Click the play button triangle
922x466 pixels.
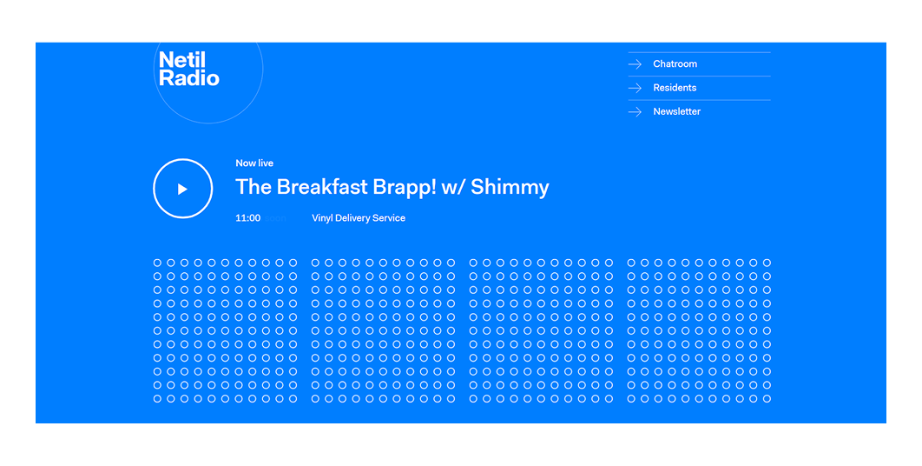click(x=182, y=189)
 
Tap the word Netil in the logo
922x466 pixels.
click(x=182, y=60)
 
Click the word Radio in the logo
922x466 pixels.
click(x=189, y=78)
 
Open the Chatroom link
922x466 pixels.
click(x=675, y=64)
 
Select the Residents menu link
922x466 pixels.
click(x=675, y=88)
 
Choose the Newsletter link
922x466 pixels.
click(x=676, y=111)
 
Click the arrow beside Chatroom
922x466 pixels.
click(x=636, y=64)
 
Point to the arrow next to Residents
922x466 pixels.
click(x=636, y=88)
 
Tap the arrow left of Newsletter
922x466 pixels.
click(x=636, y=112)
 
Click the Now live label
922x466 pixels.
click(x=254, y=163)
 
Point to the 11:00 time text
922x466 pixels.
click(x=247, y=218)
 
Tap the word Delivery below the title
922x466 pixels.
click(x=356, y=218)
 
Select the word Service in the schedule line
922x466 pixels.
click(x=390, y=218)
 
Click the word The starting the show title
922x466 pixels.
click(x=254, y=187)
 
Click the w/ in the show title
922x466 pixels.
click(x=455, y=187)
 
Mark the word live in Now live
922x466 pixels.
click(x=265, y=163)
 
